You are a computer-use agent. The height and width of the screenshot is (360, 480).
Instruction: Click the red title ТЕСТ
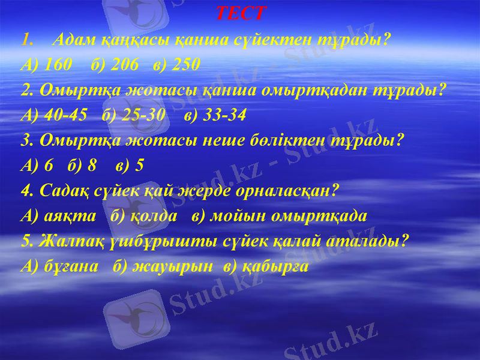[x=240, y=13]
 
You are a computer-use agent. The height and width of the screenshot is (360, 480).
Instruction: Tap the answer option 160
[x=58, y=65]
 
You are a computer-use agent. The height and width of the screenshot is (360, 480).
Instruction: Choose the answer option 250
[x=185, y=65]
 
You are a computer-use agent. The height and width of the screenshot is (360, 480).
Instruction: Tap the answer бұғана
[x=71, y=266]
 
